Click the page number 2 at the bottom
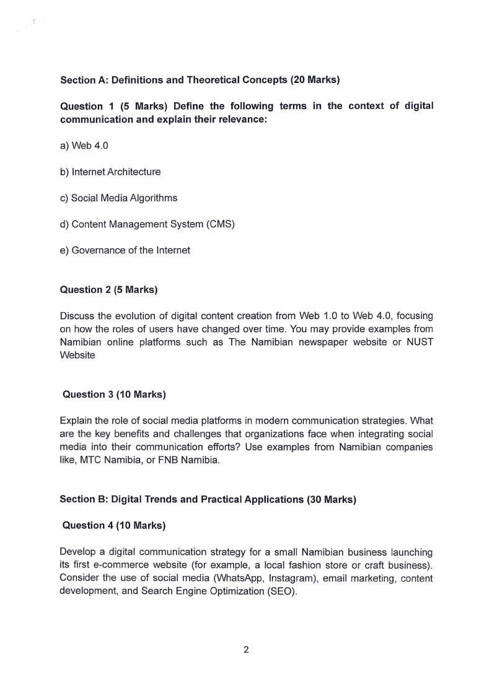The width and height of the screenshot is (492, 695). pos(246,650)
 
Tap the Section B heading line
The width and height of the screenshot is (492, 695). pos(208,499)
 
